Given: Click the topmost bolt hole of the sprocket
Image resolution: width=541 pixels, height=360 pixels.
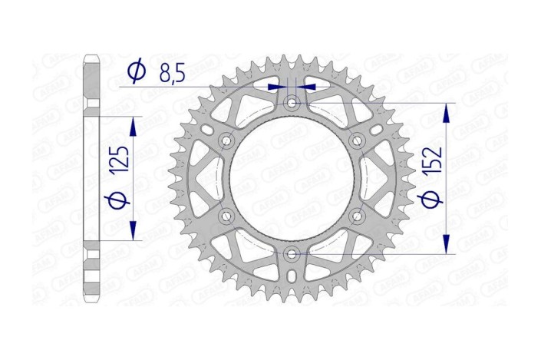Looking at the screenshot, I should click(292, 103).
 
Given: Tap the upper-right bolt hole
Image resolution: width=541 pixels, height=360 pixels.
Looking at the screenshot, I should click(356, 141).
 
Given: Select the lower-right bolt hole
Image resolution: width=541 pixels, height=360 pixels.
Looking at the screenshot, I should click(356, 216).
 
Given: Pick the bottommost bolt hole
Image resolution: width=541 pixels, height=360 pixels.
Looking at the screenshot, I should click(292, 253).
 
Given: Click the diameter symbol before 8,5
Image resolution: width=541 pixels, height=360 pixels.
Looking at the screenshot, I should click(136, 72).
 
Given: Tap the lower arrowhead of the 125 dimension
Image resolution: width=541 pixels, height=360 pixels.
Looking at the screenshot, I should click(134, 232).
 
